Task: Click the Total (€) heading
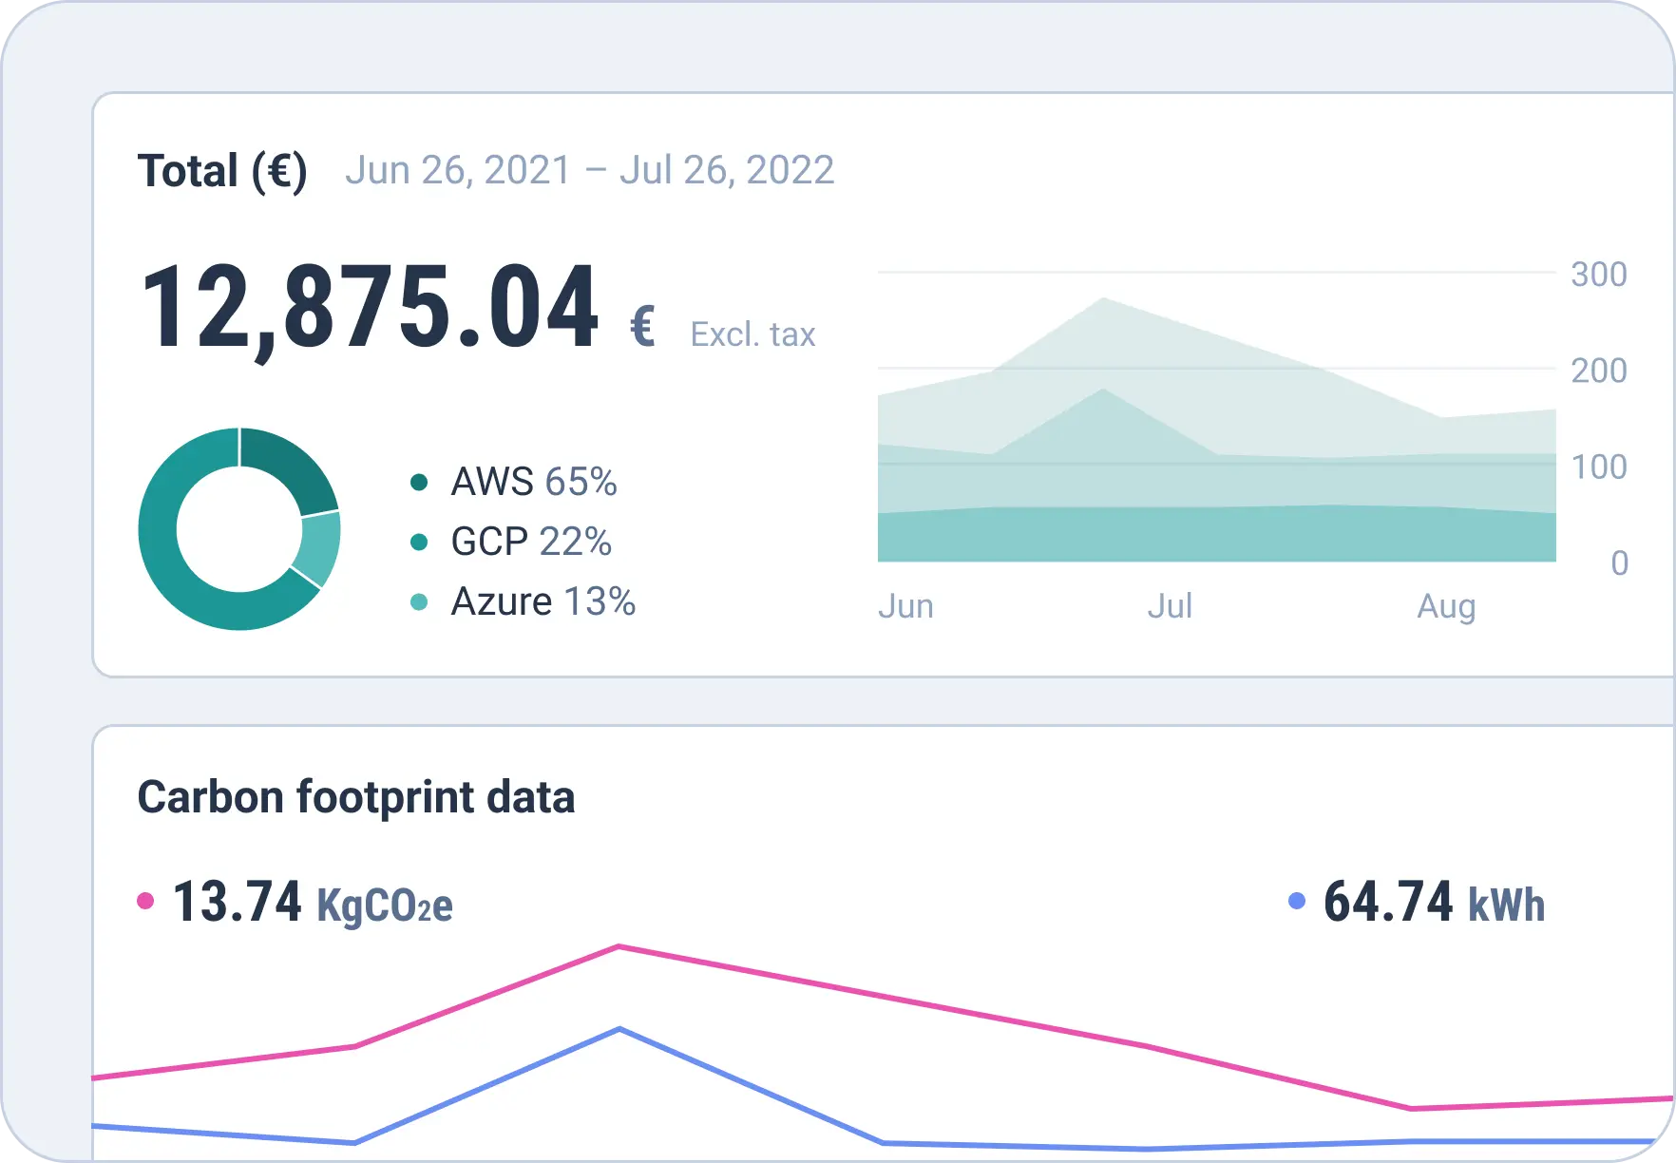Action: pos(222,172)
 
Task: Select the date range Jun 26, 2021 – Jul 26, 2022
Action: pos(589,171)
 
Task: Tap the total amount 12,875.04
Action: pos(370,308)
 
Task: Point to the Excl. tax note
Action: pos(752,334)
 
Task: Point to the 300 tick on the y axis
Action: pos(1599,275)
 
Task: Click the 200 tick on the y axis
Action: pos(1599,371)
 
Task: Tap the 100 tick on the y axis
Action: pos(1599,467)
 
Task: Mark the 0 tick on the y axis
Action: pos(1619,563)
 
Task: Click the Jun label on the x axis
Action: pos(905,606)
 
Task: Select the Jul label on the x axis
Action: pos(1170,606)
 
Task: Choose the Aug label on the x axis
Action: pos(1446,606)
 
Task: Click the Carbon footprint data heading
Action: pos(356,797)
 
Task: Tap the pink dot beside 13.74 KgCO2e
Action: pos(145,901)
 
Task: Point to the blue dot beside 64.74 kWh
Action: pos(1296,901)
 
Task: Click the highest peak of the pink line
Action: pos(619,946)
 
